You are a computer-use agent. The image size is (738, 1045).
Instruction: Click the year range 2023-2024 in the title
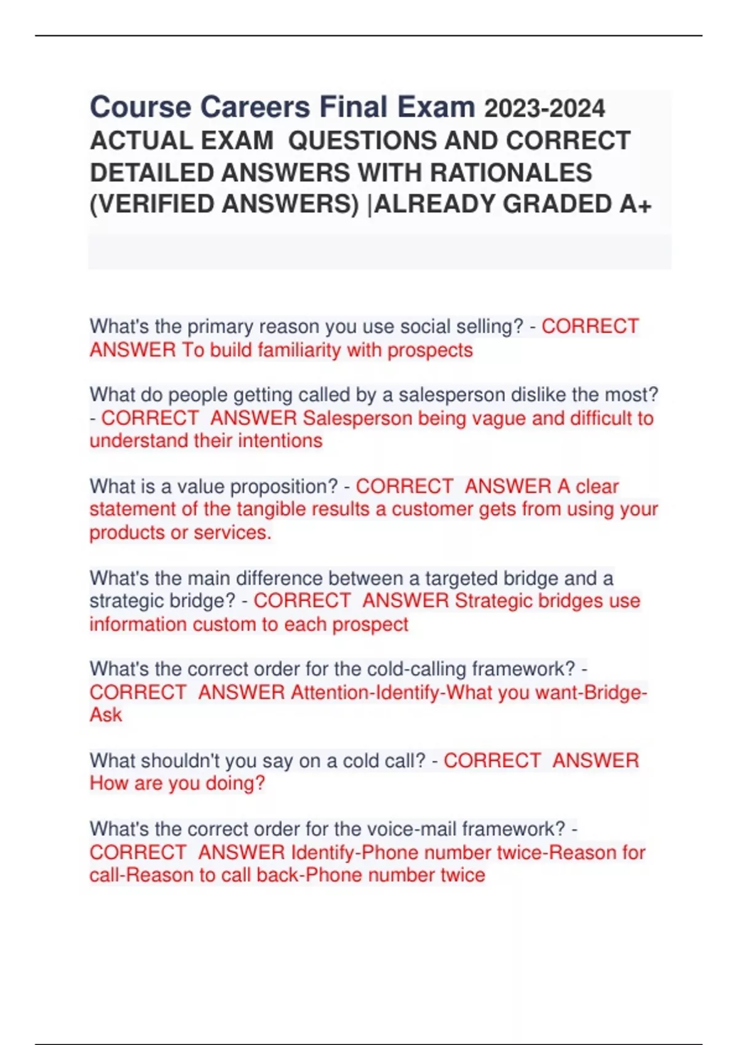pyautogui.click(x=544, y=109)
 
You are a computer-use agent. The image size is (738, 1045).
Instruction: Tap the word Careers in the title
pyautogui.click(x=255, y=108)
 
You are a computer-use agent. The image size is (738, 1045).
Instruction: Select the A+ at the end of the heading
pyautogui.click(x=635, y=204)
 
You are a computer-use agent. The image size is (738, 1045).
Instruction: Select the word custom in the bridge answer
pyautogui.click(x=224, y=624)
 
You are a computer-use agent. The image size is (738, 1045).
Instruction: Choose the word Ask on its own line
pyautogui.click(x=106, y=715)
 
